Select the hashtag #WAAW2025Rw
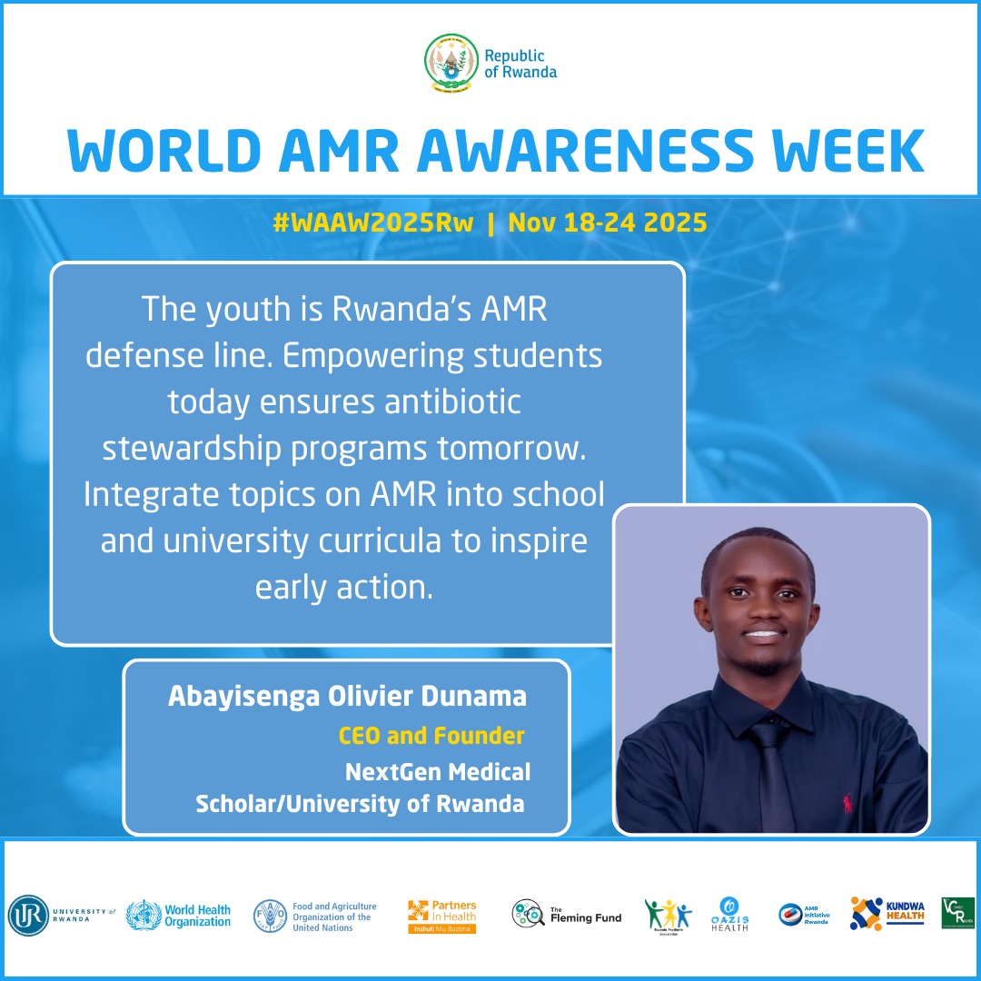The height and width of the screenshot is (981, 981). coord(373,223)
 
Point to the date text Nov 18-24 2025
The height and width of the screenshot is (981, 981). coord(608,223)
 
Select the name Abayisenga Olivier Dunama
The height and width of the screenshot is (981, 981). coord(347,697)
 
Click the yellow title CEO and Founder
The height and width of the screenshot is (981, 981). coord(431,735)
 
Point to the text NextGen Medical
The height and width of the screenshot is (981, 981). coord(437,772)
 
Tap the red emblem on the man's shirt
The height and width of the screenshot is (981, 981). coord(847,802)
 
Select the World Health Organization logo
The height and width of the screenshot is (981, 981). coord(179,915)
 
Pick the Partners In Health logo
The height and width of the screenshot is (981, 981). coord(441,916)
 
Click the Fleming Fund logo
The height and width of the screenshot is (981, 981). coord(567,916)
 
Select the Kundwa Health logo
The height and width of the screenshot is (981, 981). coord(887,914)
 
